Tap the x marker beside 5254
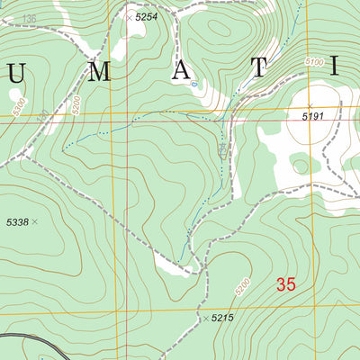pyautogui.click(x=129, y=17)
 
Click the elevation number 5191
pyautogui.click(x=311, y=117)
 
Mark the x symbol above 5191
pyautogui.click(x=310, y=106)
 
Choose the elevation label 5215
pyautogui.click(x=224, y=319)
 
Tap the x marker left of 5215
pyautogui.click(x=205, y=319)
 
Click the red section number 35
pyautogui.click(x=286, y=285)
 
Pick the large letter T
pyautogui.click(x=258, y=67)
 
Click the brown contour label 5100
pyautogui.click(x=313, y=61)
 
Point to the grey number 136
pyautogui.click(x=30, y=19)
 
